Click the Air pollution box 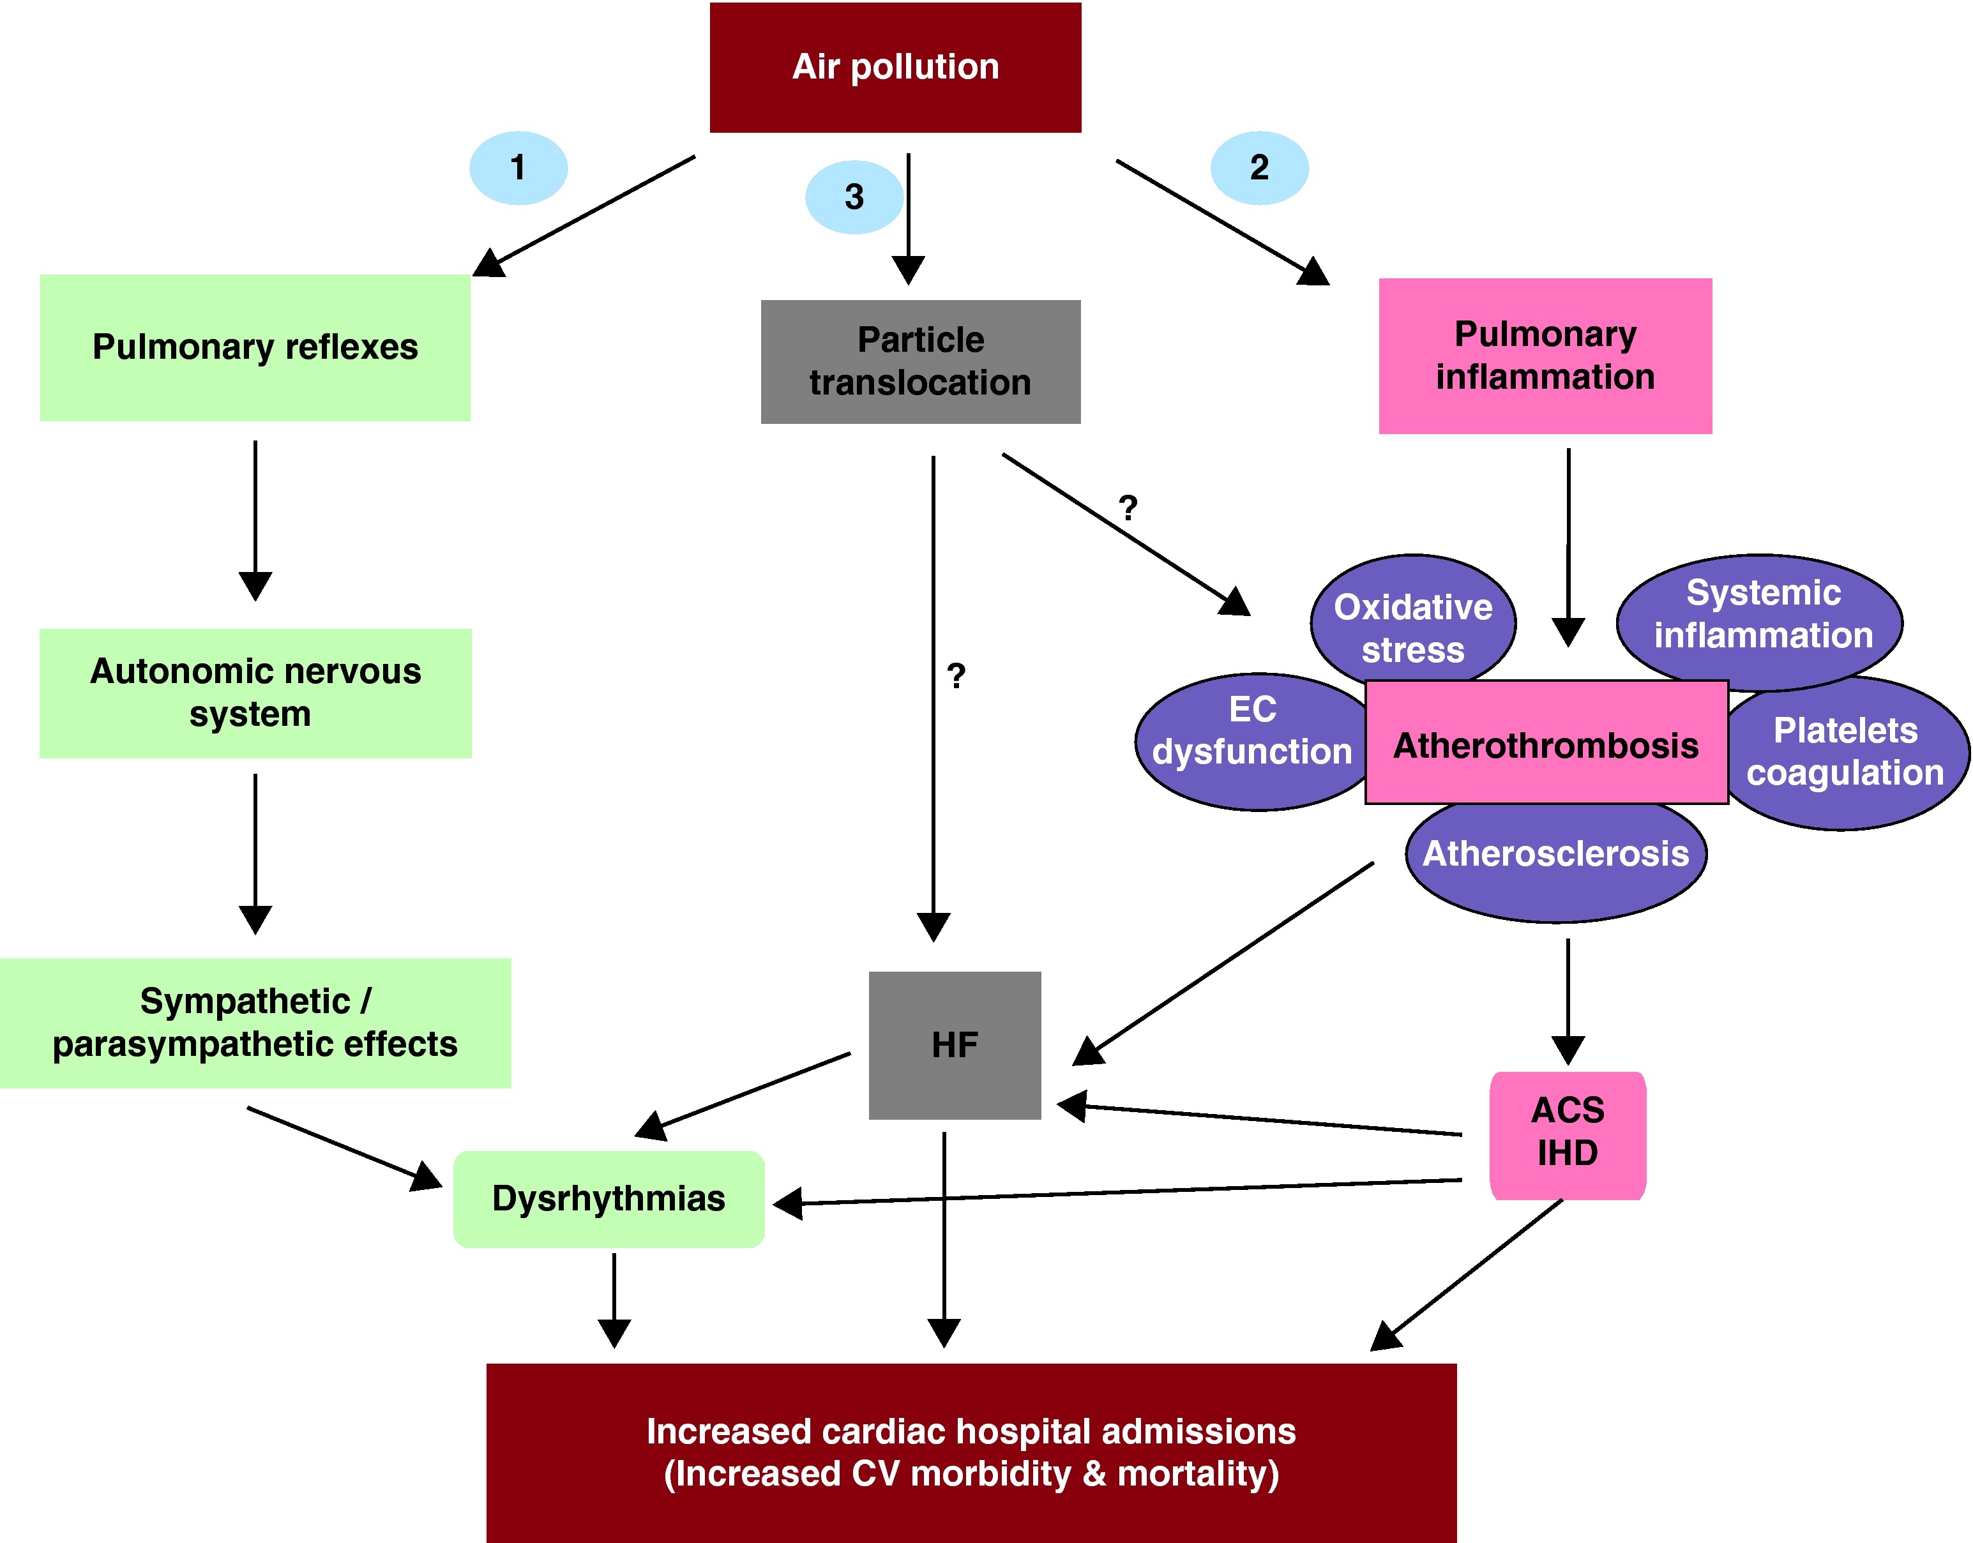tap(895, 68)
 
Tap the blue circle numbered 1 tap(518, 168)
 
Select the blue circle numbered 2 tap(1259, 168)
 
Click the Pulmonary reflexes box tap(255, 348)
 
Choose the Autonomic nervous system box tap(255, 693)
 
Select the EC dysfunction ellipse tap(1251, 736)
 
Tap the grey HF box tap(954, 1045)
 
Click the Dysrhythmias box tap(608, 1199)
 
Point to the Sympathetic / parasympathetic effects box tap(255, 1023)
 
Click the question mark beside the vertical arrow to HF tap(956, 675)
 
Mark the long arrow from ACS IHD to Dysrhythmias tap(1130, 1192)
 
